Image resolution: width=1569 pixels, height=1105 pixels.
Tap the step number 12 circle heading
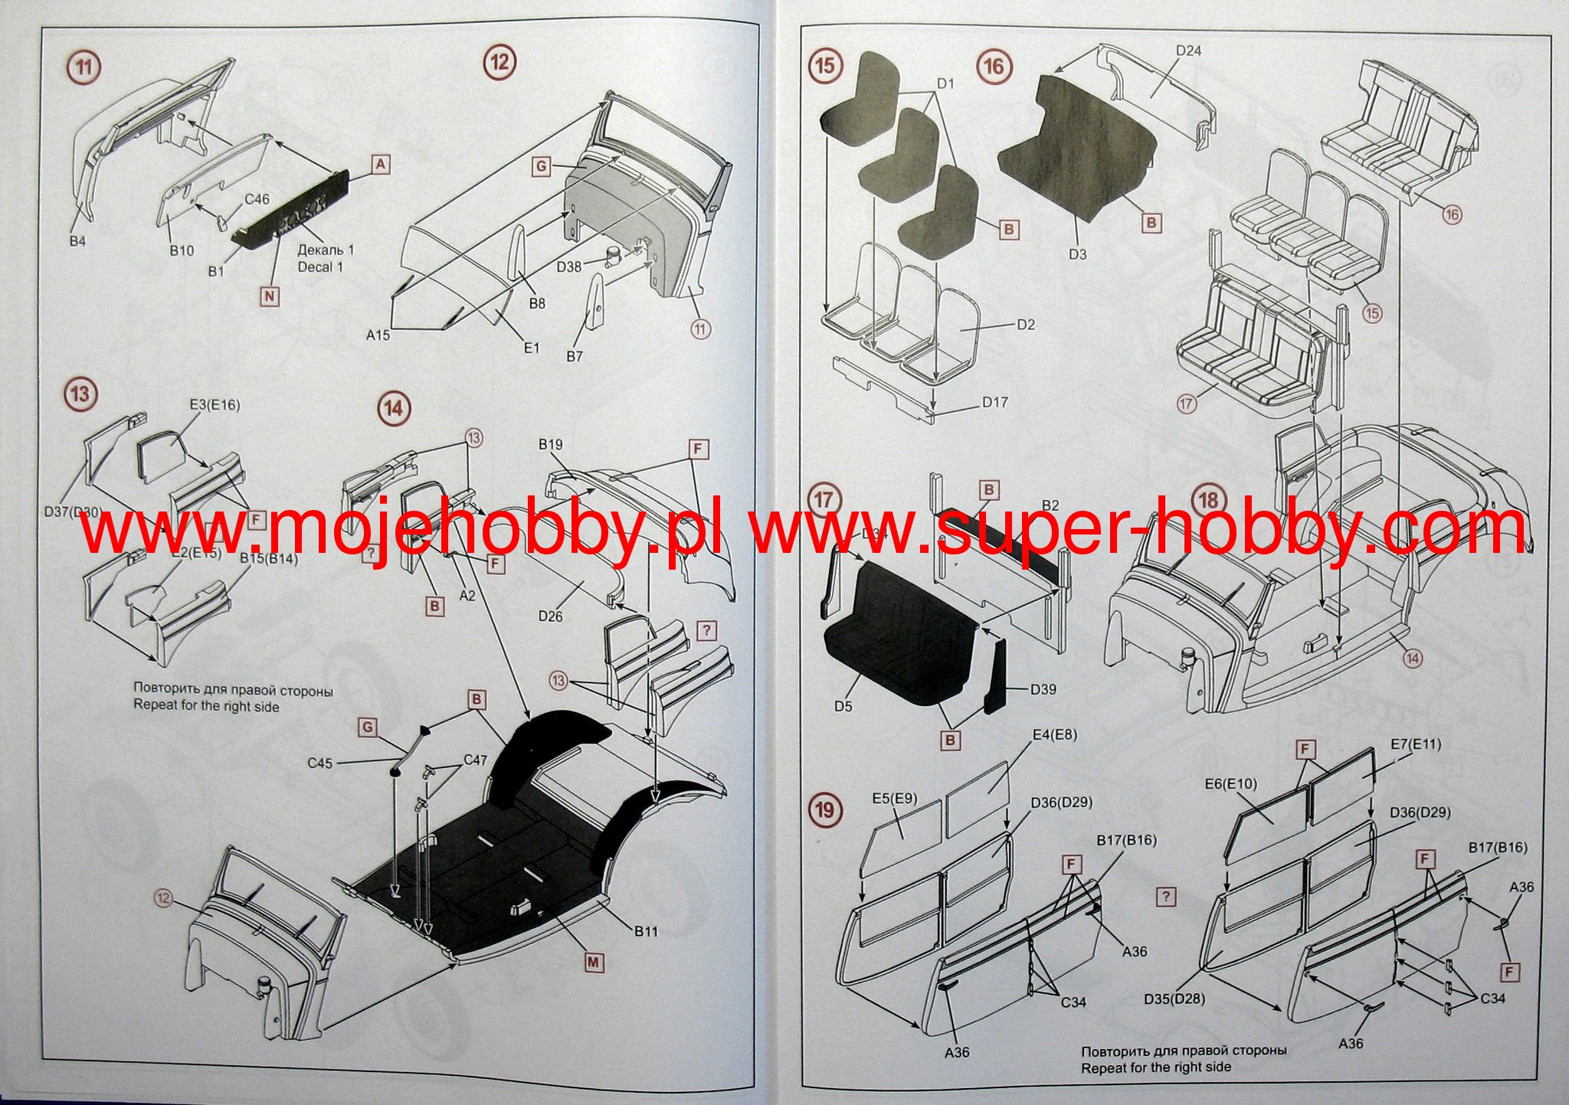[500, 60]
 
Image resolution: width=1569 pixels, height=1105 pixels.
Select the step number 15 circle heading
[824, 66]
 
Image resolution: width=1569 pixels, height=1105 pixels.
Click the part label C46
[257, 199]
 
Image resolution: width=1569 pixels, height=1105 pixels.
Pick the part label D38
[569, 266]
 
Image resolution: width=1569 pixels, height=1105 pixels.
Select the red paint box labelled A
[381, 164]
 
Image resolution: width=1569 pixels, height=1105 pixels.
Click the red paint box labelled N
[270, 296]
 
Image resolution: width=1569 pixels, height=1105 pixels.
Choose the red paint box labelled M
[593, 962]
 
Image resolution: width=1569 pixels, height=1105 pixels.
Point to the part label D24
[1189, 51]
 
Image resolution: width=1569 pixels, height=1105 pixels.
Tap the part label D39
[1043, 689]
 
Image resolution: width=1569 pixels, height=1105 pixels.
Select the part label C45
[320, 763]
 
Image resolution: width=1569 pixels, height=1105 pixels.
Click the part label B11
[646, 931]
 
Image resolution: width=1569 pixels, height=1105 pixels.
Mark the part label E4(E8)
[1054, 734]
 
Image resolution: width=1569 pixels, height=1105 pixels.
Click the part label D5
[843, 706]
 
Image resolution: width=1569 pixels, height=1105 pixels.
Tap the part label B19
[551, 444]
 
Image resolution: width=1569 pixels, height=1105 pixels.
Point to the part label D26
[550, 615]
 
